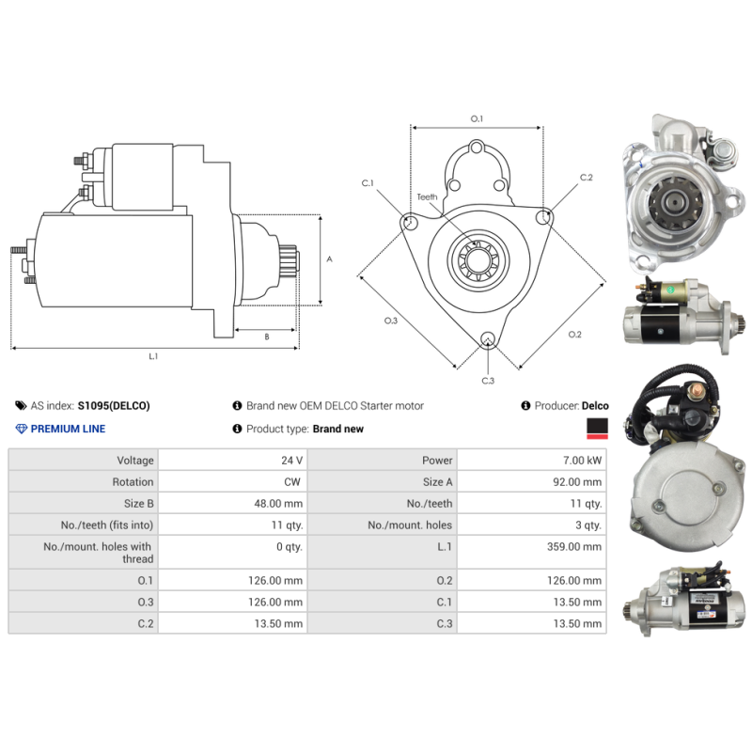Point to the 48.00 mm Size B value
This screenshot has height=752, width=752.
pyautogui.click(x=280, y=504)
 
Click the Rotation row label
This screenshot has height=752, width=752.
pyautogui.click(x=133, y=482)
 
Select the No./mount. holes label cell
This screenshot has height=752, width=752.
pyautogui.click(x=410, y=525)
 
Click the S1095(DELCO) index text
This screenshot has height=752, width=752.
pyautogui.click(x=113, y=406)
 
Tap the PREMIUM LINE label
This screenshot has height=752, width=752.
pyautogui.click(x=68, y=429)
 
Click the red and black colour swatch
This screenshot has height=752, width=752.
pyautogui.click(x=596, y=429)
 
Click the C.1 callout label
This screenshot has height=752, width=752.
pyautogui.click(x=368, y=182)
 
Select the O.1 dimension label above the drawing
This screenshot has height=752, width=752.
pyautogui.click(x=477, y=118)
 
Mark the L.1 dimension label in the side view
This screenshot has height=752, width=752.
pyautogui.click(x=153, y=356)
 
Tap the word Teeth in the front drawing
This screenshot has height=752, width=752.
pyautogui.click(x=428, y=196)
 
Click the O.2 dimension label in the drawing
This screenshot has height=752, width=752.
pyautogui.click(x=575, y=335)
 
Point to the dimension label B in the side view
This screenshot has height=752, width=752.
pyautogui.click(x=266, y=336)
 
